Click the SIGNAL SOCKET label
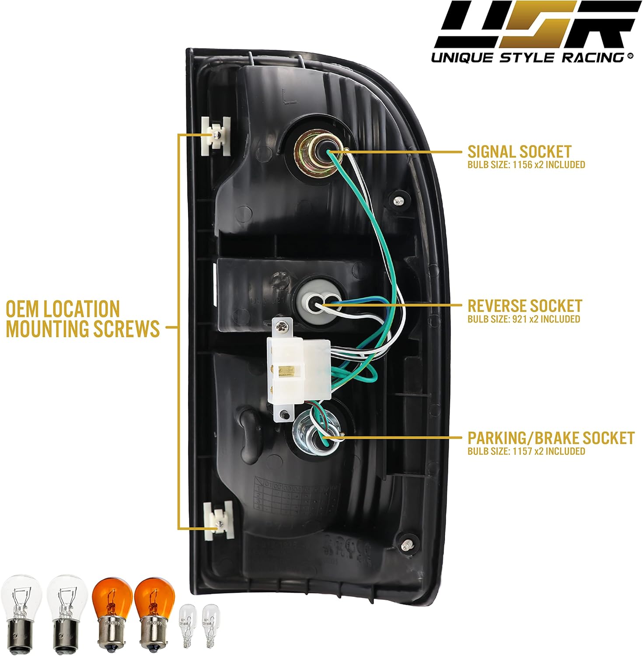pos(519,152)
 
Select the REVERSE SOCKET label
pos(524,306)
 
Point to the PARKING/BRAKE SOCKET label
pos(551,438)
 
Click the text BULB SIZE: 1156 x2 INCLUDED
pos(526,165)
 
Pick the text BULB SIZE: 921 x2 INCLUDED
pos(524,319)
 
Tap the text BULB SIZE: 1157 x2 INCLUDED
pos(526,451)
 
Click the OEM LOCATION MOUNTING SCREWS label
pos(82,319)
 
